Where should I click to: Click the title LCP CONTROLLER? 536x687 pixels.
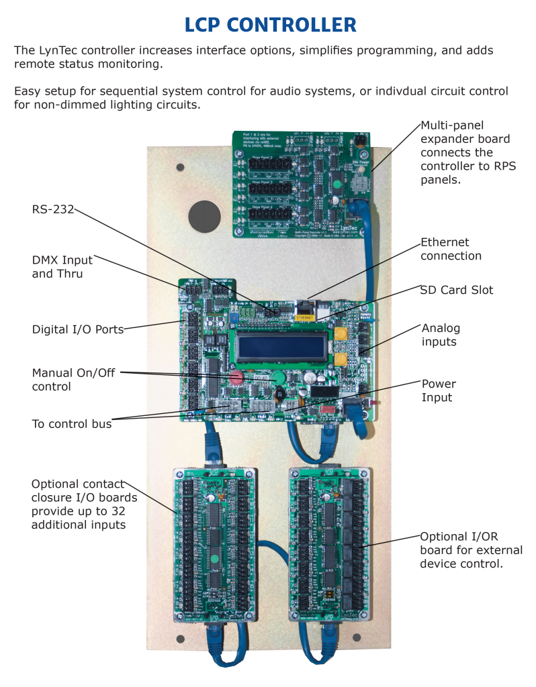tap(270, 25)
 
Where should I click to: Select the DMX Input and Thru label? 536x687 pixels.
tap(62, 267)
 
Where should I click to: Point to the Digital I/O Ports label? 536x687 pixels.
tap(78, 329)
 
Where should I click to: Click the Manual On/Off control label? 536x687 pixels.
tap(66, 379)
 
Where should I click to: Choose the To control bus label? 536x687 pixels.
tap(72, 423)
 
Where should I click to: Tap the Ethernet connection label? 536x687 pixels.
tap(451, 249)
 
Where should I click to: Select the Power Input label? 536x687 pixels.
tap(439, 390)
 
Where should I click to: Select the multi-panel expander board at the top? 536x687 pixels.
tap(302, 183)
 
